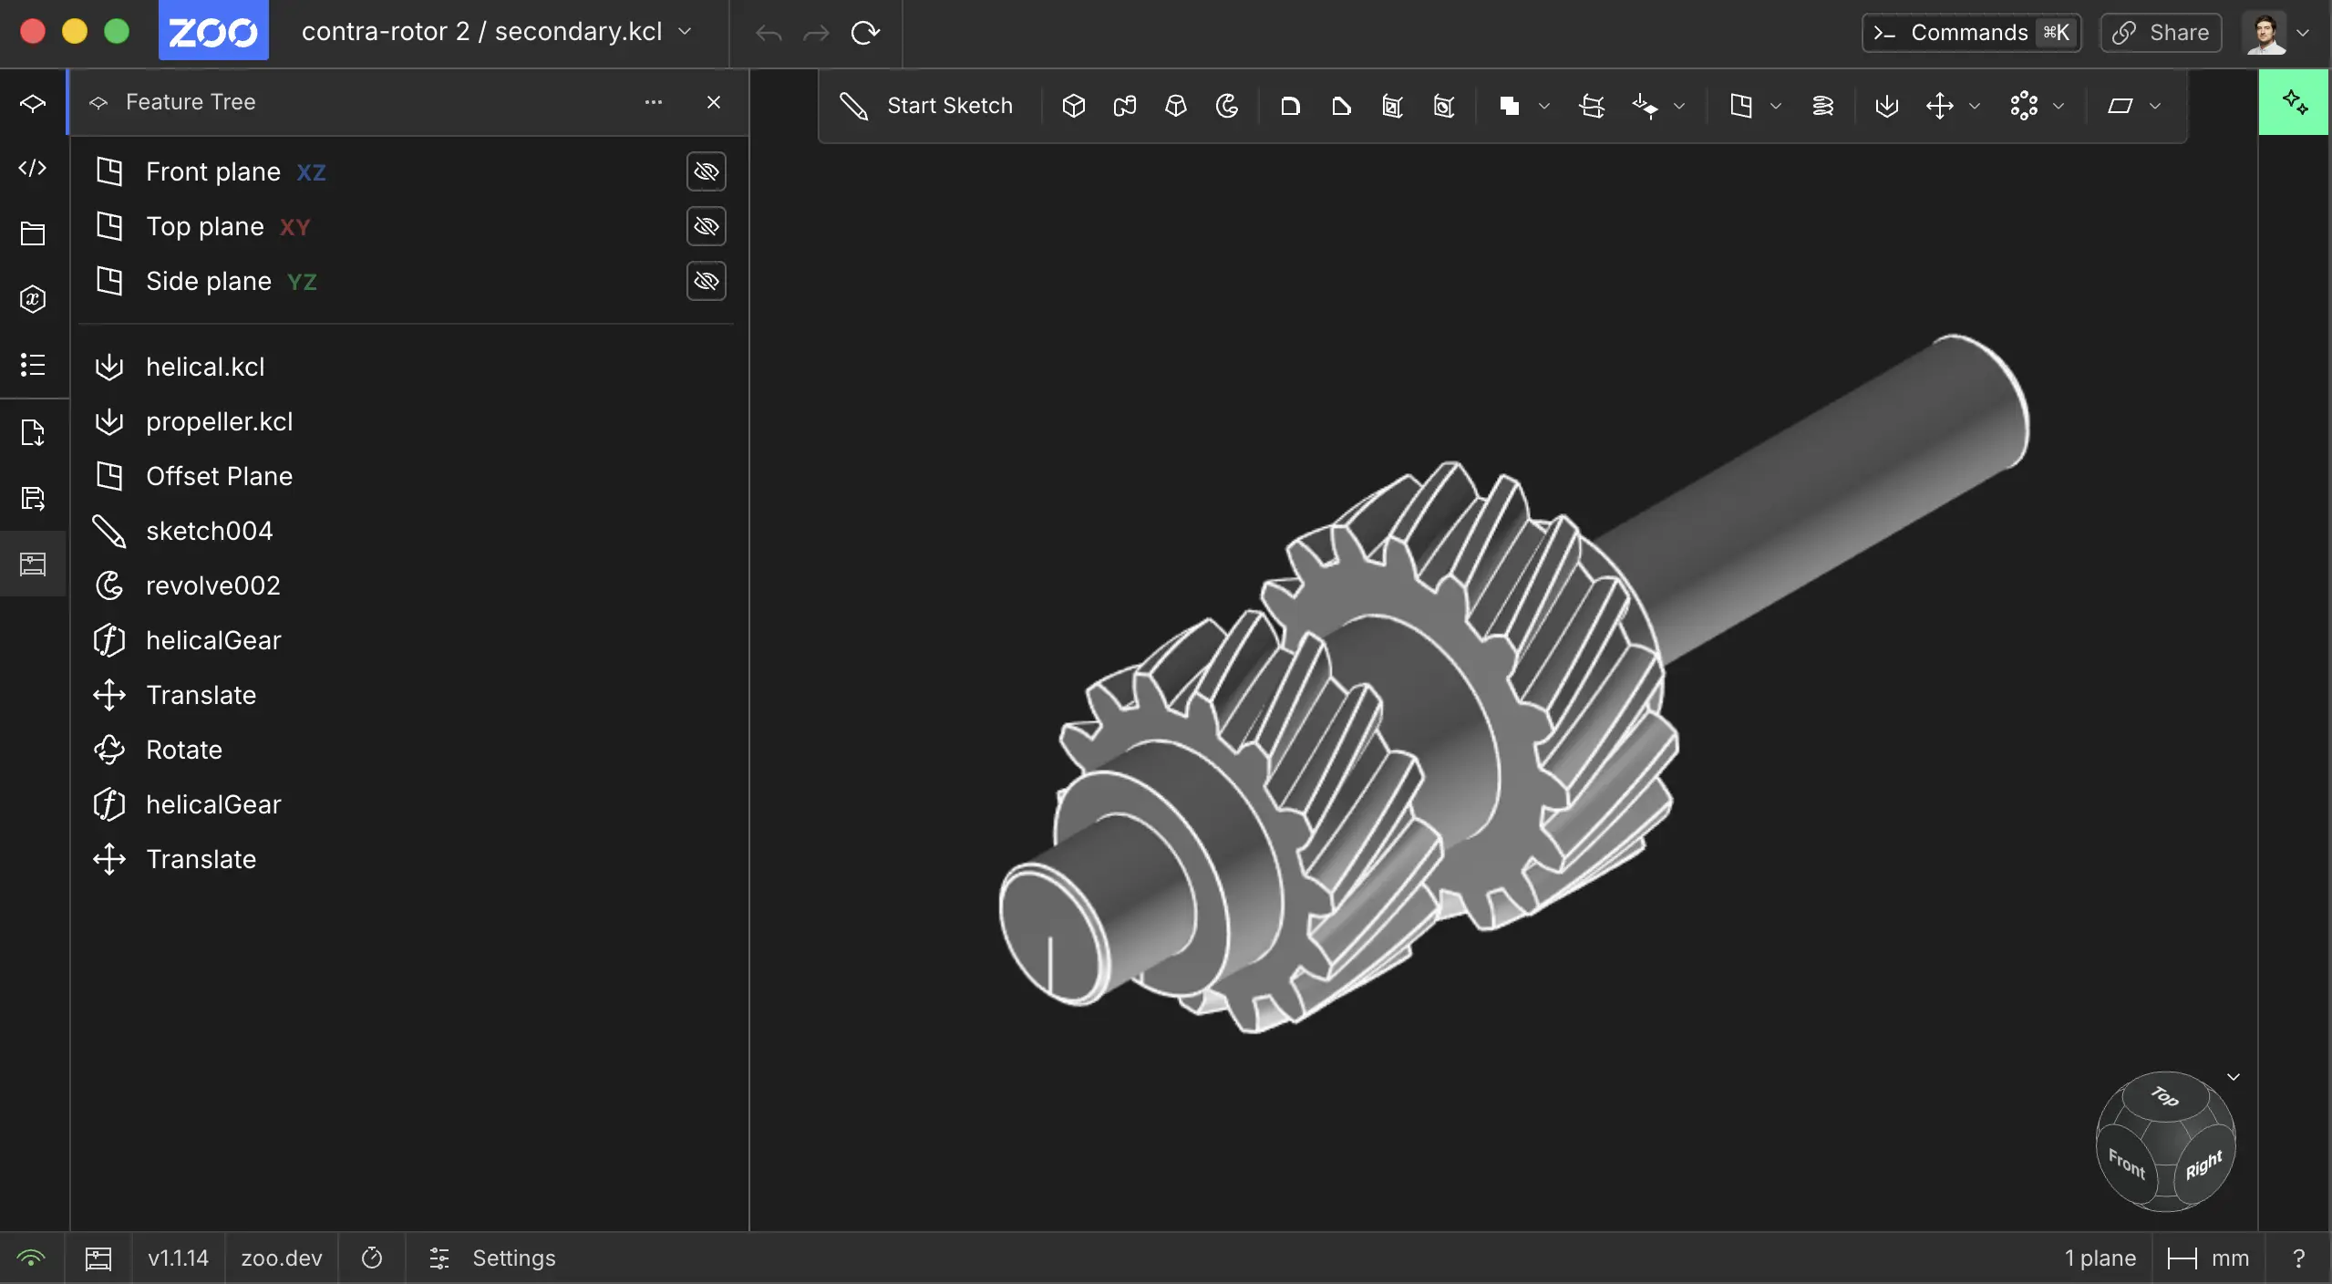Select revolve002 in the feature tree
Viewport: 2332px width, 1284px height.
click(x=212, y=585)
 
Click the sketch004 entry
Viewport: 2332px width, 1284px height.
click(x=209, y=531)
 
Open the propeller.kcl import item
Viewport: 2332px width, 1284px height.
click(x=219, y=421)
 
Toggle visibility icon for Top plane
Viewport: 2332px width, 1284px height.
click(x=706, y=226)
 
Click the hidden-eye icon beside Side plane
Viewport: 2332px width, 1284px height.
click(x=706, y=281)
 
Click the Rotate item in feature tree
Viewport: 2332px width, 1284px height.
click(x=183, y=750)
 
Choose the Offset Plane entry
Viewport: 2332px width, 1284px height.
click(x=219, y=476)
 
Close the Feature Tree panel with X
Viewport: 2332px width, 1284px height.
click(x=714, y=102)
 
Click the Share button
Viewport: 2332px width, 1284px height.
click(x=2161, y=33)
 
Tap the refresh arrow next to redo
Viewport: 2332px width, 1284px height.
click(x=865, y=33)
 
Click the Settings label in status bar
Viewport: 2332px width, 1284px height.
click(x=513, y=1258)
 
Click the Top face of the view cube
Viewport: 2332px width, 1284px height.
click(x=2165, y=1097)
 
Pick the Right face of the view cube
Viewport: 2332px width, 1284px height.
click(x=2203, y=1165)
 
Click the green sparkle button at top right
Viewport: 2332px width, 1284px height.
click(x=2294, y=102)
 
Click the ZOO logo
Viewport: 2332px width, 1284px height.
click(x=213, y=31)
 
